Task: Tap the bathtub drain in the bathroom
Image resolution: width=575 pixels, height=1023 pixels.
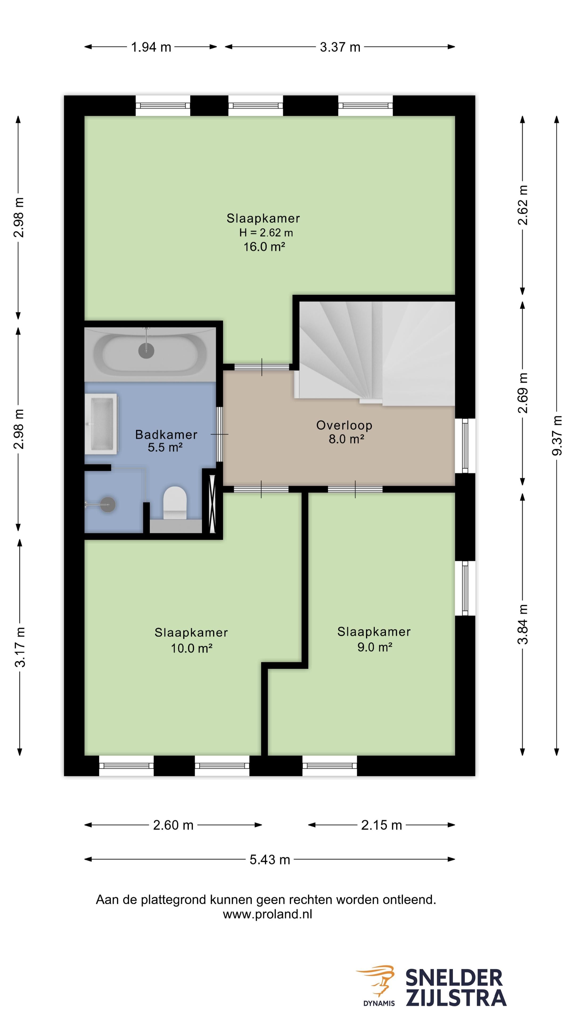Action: click(x=146, y=351)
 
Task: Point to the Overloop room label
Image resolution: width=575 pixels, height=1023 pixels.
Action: click(x=344, y=425)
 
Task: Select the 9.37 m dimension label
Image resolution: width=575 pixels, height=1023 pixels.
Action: click(x=557, y=435)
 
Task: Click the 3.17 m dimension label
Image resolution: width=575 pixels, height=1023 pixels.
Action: click(x=20, y=647)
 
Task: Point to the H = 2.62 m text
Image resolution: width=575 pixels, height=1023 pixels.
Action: click(x=266, y=233)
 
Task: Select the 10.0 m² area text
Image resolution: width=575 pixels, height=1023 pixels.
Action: click(x=192, y=648)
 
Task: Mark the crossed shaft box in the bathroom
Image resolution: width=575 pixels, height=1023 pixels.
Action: click(x=212, y=504)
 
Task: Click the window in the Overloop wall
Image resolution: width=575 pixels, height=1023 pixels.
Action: click(x=465, y=446)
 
